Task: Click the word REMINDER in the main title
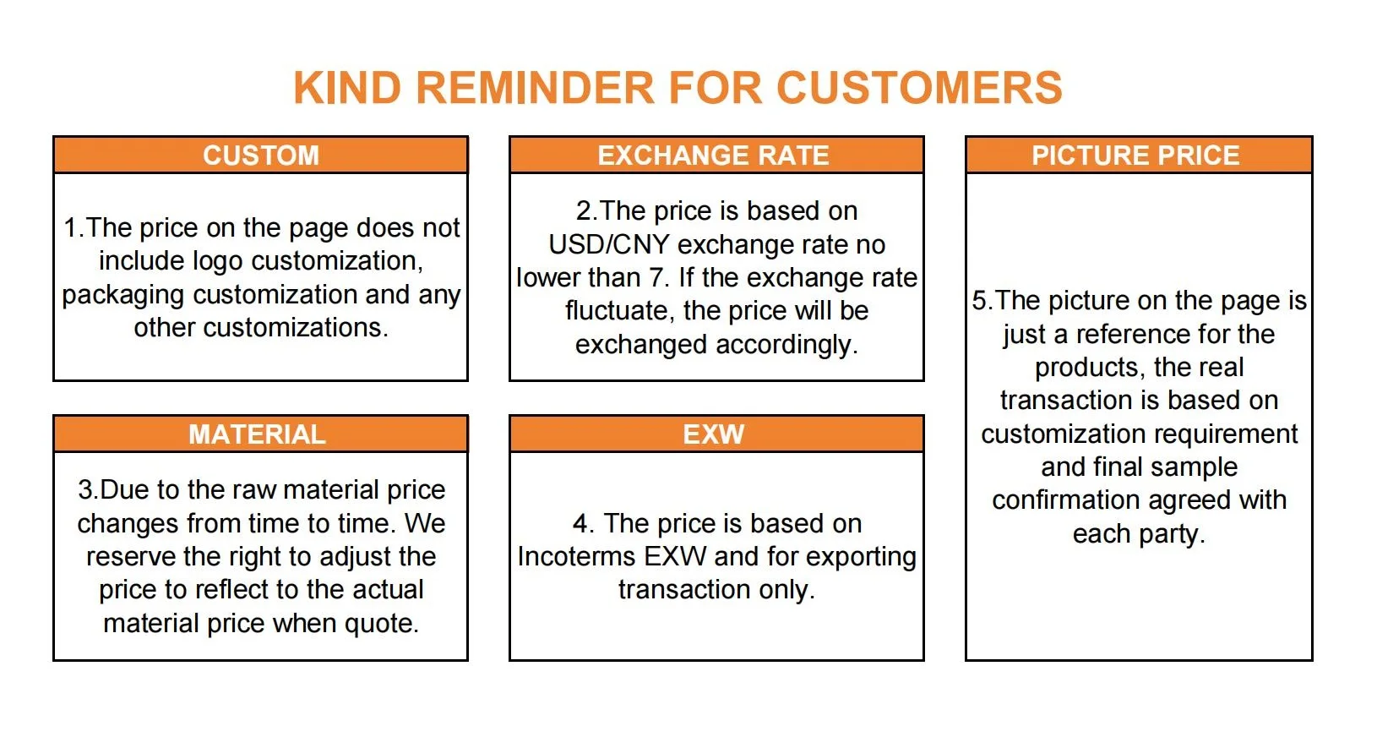[535, 88]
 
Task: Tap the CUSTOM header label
[261, 155]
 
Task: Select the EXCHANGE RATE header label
[713, 155]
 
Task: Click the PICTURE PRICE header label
[1135, 155]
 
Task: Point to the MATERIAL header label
[257, 434]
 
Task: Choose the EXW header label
[713, 434]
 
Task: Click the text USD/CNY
[608, 245]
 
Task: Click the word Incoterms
[577, 557]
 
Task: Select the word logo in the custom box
[218, 262]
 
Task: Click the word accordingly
[786, 345]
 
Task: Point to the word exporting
[861, 557]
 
